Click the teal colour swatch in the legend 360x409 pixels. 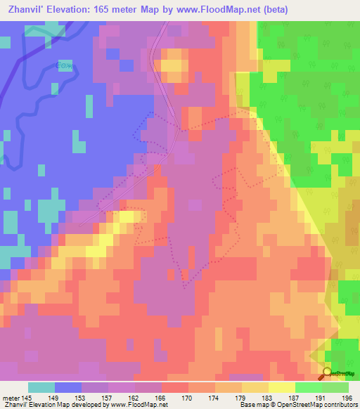(41, 387)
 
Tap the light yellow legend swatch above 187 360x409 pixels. (281, 387)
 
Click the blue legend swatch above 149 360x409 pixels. (67, 387)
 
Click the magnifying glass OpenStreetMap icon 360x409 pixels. (327, 374)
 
